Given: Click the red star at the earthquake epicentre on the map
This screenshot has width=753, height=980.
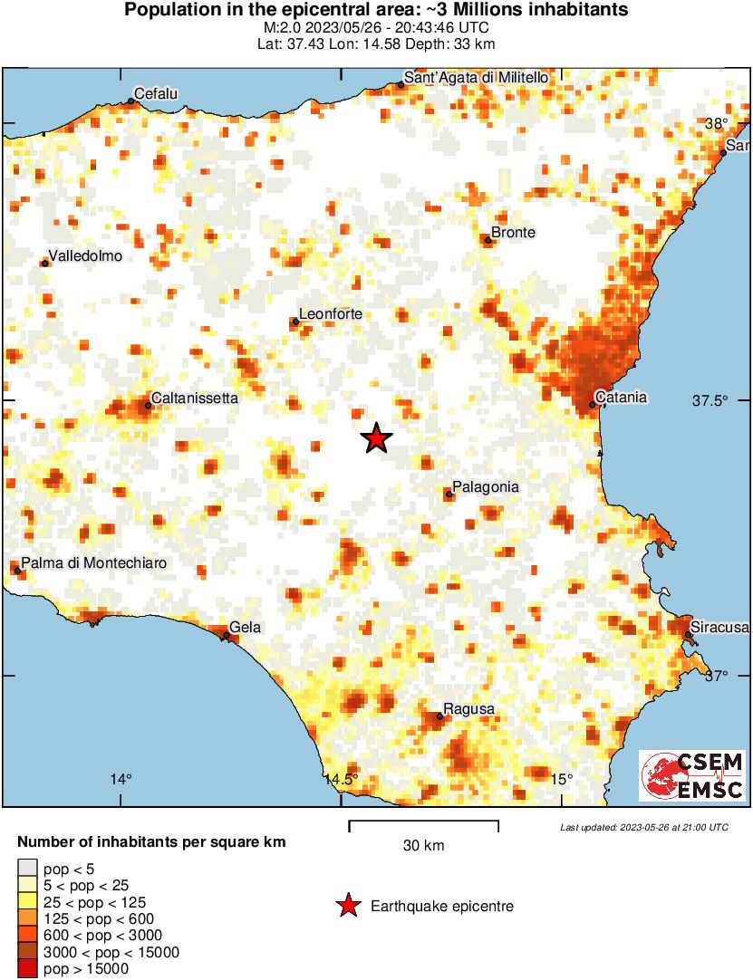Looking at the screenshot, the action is [376, 438].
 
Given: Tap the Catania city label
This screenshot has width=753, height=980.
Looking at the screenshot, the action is [623, 397].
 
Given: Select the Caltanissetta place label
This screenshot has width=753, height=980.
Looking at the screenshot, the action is [194, 398].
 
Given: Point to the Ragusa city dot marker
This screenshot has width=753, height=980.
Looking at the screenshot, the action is [439, 716].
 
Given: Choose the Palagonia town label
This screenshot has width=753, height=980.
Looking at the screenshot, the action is [486, 487].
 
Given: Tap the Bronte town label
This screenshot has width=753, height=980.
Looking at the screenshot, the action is [513, 233].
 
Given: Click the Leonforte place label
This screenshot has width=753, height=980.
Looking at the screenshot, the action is [331, 314].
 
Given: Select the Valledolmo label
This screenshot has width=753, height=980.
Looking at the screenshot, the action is [85, 256].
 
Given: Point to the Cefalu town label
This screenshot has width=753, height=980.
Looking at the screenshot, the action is [157, 93].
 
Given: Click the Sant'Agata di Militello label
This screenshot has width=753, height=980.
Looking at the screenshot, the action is [475, 79].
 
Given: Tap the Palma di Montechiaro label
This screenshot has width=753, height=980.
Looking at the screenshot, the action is [94, 563].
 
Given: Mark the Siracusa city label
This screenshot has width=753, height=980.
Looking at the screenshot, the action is [719, 627].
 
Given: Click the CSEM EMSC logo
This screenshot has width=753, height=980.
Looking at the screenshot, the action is [693, 775].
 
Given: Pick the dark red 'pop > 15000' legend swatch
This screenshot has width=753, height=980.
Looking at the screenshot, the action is [27, 969].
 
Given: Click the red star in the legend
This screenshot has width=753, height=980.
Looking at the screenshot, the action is [347, 906].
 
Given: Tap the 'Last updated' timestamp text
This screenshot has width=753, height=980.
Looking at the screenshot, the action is [643, 827].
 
